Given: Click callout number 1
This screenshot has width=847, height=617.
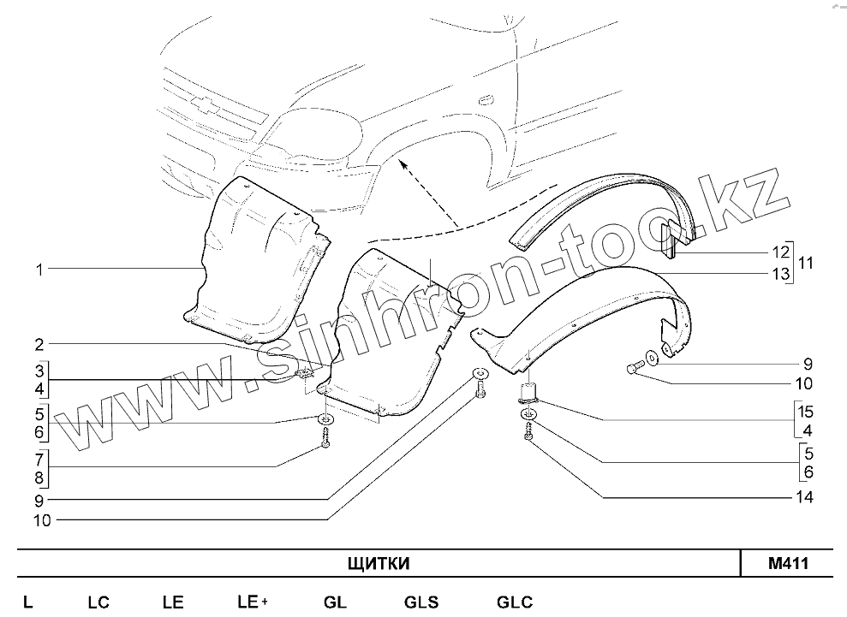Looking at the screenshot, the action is [39, 270].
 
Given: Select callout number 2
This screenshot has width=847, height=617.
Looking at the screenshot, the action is [39, 345].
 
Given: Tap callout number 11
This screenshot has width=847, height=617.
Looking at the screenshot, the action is [805, 263].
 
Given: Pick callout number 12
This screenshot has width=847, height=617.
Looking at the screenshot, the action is [779, 252].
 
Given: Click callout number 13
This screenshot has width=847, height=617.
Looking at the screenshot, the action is [779, 274].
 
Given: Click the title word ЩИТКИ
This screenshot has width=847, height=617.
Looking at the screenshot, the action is [379, 563].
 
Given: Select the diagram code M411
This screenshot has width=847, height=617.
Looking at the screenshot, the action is [788, 563].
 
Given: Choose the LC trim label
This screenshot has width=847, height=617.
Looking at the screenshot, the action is [98, 602].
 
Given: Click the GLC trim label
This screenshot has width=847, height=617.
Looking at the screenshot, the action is [514, 602].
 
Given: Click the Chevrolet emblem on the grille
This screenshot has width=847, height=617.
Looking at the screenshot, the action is [204, 104].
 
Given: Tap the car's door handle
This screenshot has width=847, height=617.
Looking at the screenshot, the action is [485, 98].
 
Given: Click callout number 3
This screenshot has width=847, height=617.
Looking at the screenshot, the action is [39, 371].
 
